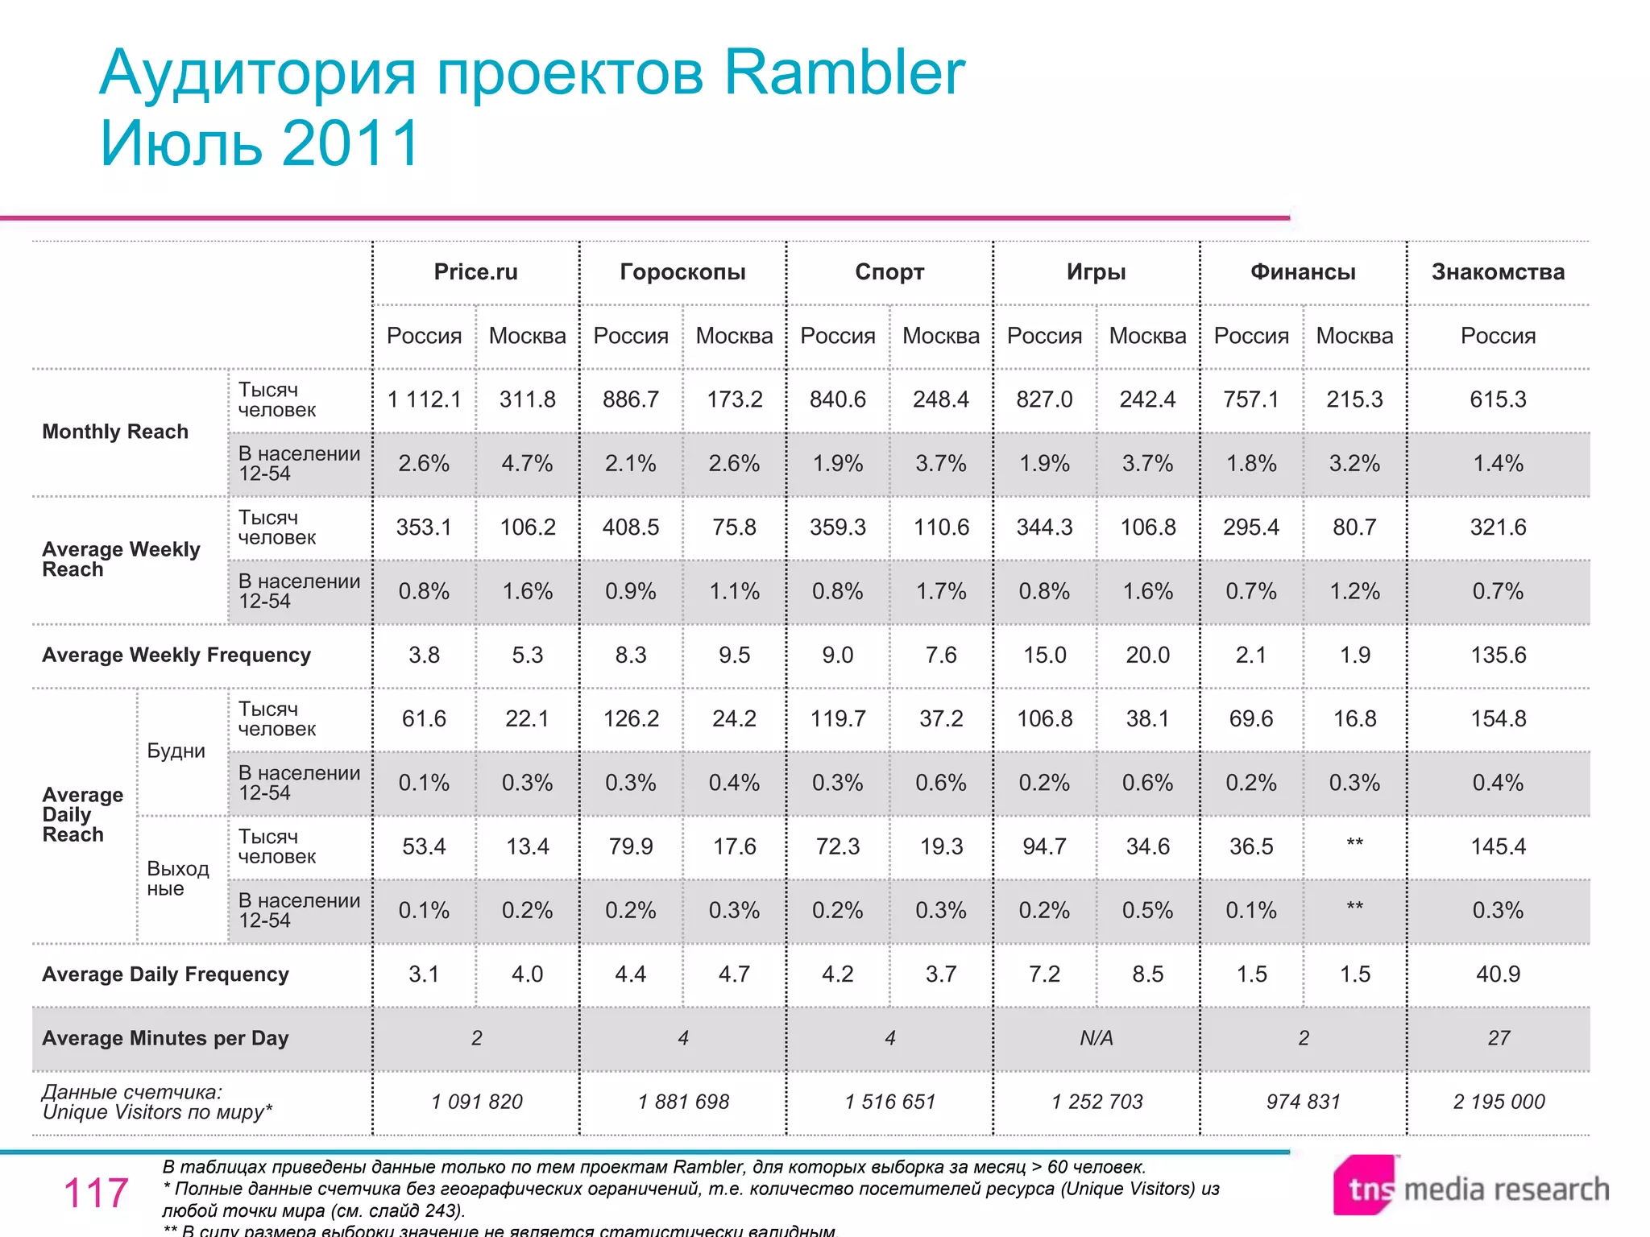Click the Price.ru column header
coord(475,272)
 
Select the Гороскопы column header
coord(682,272)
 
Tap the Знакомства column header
coord(1498,272)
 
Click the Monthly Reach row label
coord(115,432)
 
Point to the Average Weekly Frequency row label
coord(176,655)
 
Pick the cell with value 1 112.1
coord(424,399)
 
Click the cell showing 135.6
coord(1498,655)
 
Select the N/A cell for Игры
coord(1096,1038)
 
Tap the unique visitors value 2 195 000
coord(1499,1102)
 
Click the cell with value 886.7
coord(631,399)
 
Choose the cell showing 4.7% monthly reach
coord(527,463)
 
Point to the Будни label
coord(176,751)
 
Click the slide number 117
coord(96,1193)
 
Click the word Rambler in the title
coord(844,72)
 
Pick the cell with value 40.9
coord(1498,974)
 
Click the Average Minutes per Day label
coord(165,1038)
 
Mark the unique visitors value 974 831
coord(1303,1102)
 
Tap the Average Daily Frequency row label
coord(165,974)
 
